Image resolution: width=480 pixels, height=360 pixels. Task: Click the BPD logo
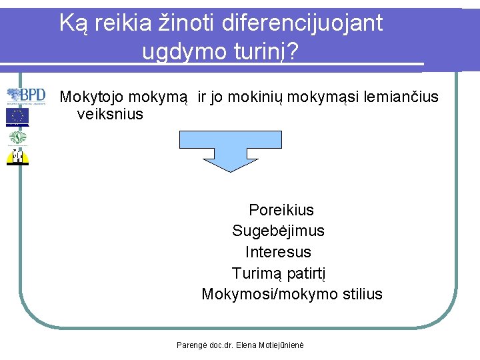[27, 96]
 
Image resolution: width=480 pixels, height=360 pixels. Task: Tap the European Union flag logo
[18, 117]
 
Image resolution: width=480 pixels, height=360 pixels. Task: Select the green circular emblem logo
[18, 137]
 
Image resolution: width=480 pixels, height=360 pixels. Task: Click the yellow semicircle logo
[18, 156]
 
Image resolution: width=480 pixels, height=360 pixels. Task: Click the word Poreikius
[281, 210]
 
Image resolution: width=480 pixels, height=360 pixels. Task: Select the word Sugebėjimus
[278, 231]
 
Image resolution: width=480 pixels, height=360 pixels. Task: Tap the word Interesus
[278, 252]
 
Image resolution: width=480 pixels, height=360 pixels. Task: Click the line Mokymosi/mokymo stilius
[292, 294]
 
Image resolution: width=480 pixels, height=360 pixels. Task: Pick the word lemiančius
[401, 97]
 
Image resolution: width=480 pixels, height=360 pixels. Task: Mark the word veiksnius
[110, 114]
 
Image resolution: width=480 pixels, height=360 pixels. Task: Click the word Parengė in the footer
[191, 345]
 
